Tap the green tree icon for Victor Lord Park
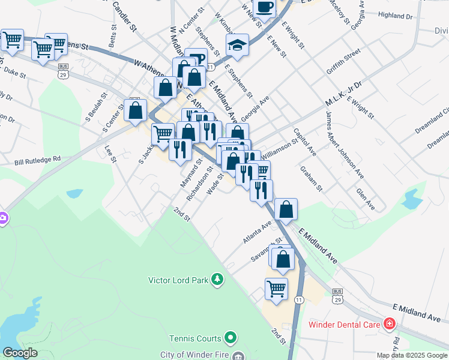(x=217, y=280)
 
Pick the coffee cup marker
(x=264, y=8)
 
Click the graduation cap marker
(x=238, y=45)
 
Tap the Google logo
(x=20, y=353)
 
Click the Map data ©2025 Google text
(x=411, y=355)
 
